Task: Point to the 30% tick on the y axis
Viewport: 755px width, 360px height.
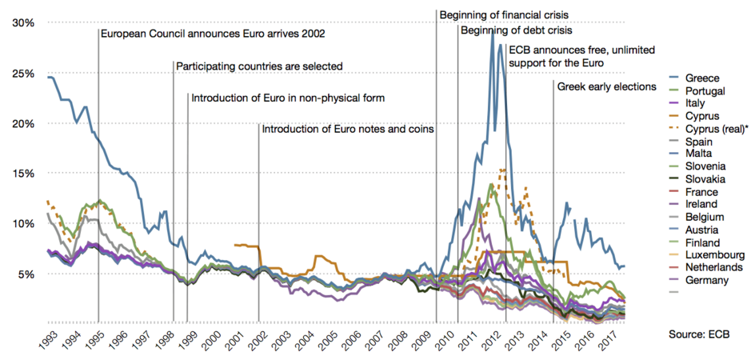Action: pyautogui.click(x=23, y=23)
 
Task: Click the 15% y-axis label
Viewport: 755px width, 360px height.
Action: pyautogui.click(x=23, y=174)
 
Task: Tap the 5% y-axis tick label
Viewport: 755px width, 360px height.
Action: pyautogui.click(x=26, y=274)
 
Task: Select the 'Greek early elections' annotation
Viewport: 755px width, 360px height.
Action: pyautogui.click(x=606, y=86)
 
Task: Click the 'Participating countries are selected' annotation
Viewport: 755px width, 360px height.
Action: pyautogui.click(x=259, y=66)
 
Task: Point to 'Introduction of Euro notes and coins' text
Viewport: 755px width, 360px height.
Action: pyautogui.click(x=347, y=129)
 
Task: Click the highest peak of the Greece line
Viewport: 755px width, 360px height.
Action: pyautogui.click(x=493, y=32)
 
